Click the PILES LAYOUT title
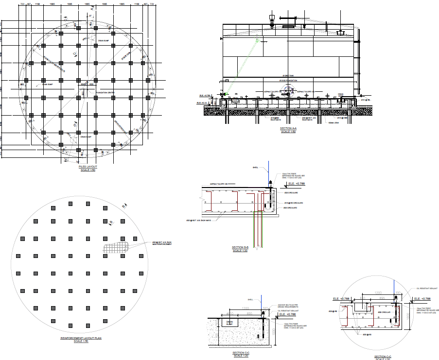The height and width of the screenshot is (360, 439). click(x=88, y=167)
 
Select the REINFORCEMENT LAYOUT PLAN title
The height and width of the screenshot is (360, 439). click(x=81, y=338)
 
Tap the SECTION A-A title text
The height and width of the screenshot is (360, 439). click(x=288, y=128)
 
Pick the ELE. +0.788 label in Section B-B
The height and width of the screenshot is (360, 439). click(x=296, y=184)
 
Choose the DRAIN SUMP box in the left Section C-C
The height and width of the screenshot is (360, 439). click(x=228, y=323)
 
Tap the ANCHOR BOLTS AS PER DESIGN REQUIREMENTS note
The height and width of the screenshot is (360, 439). click(x=287, y=307)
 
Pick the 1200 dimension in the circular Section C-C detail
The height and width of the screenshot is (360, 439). click(x=378, y=293)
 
